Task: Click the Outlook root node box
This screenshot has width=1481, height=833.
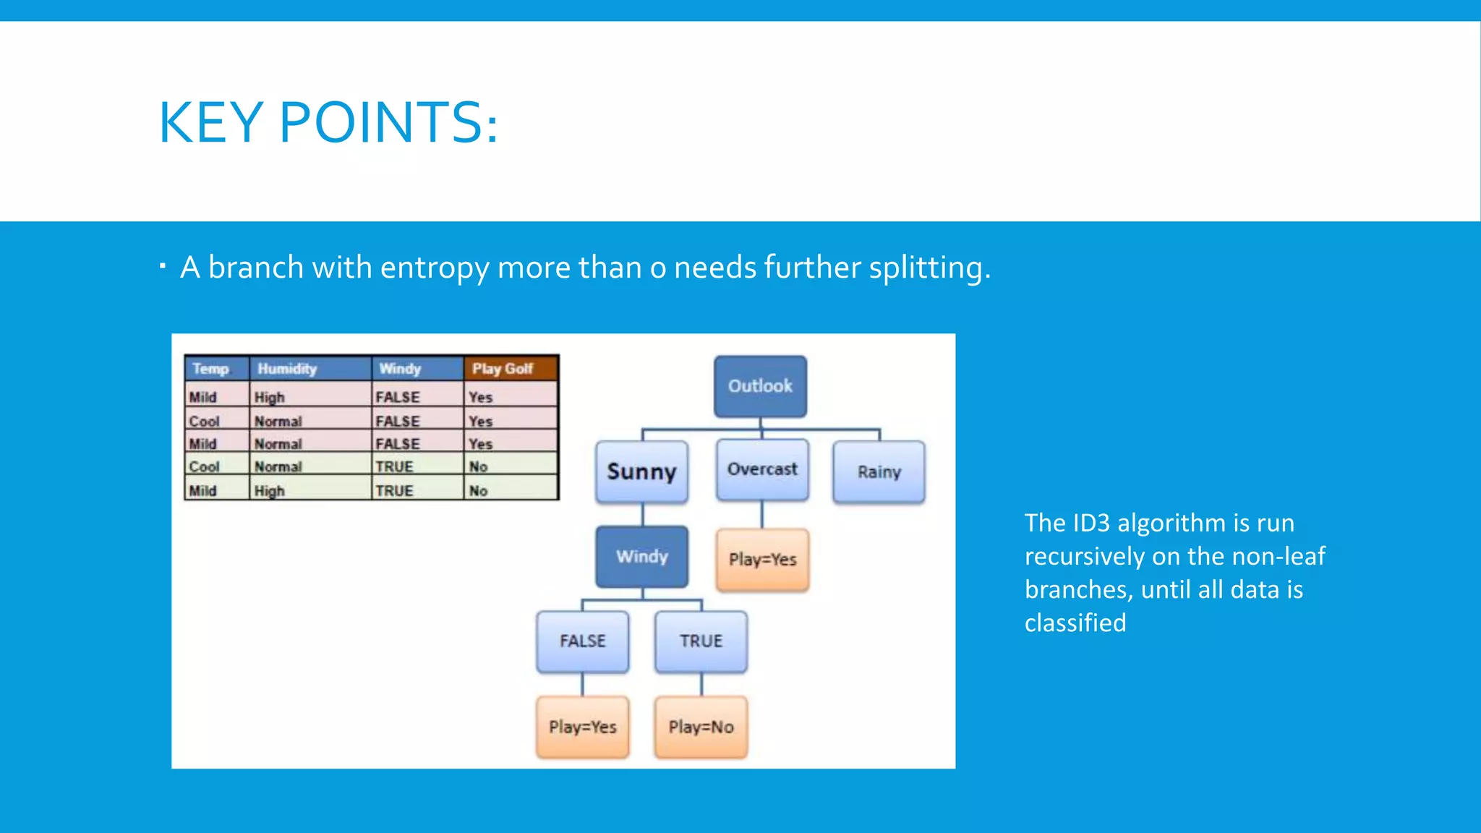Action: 760,386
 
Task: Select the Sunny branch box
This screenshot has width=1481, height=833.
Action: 641,471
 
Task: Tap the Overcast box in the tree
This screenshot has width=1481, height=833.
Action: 762,469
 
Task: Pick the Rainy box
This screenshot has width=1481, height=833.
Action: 879,472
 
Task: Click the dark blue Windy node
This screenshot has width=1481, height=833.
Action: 641,557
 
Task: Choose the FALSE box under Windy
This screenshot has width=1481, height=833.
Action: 582,641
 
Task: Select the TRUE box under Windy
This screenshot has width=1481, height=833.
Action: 701,641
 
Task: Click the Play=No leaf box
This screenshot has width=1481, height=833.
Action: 701,727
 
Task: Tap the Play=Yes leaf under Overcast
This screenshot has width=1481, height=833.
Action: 762,560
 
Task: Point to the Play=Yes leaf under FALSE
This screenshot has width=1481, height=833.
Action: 582,727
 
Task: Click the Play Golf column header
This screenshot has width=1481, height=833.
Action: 510,369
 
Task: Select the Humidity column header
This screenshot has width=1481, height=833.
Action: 310,369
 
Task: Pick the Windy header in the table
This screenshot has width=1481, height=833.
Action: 417,369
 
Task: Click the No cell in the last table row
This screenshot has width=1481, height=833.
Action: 479,490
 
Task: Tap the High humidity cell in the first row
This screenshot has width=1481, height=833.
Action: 270,397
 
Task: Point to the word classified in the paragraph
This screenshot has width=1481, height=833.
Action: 1075,623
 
